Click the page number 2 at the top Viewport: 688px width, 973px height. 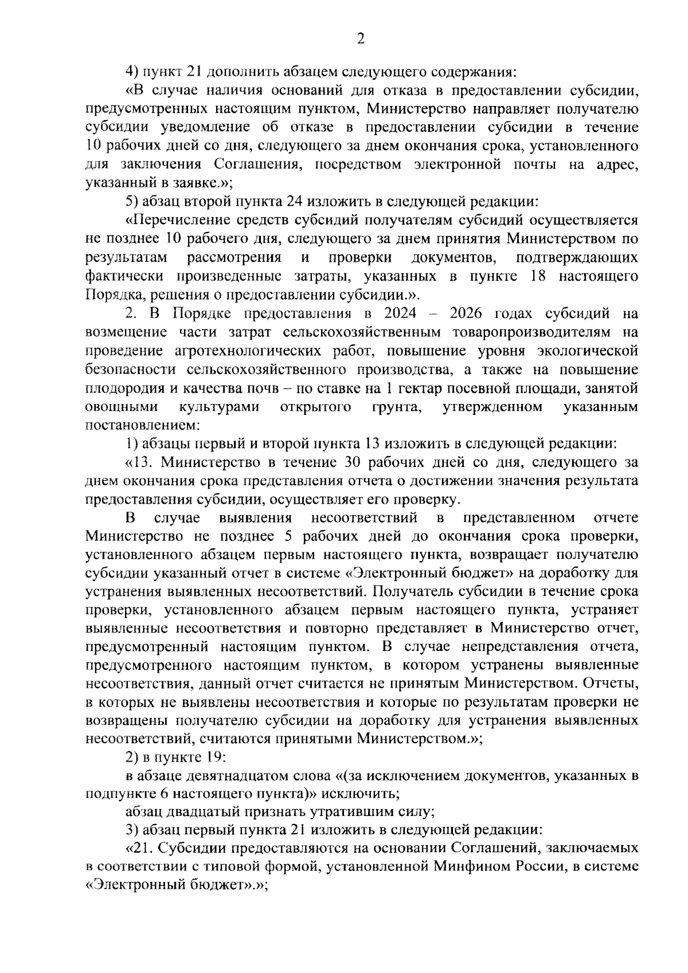point(361,38)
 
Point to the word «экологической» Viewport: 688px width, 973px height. point(592,351)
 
